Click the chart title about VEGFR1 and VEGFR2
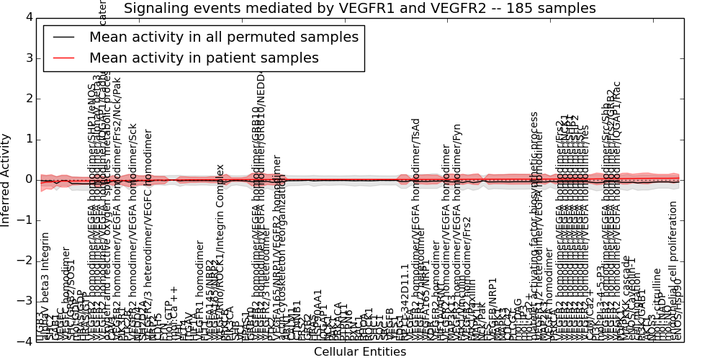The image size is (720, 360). click(x=360, y=9)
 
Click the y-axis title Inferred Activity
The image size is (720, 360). click(x=6, y=179)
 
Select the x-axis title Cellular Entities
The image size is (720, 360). click(x=360, y=352)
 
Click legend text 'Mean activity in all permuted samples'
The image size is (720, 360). click(x=223, y=37)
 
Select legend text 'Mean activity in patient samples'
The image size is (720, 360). click(x=204, y=58)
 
